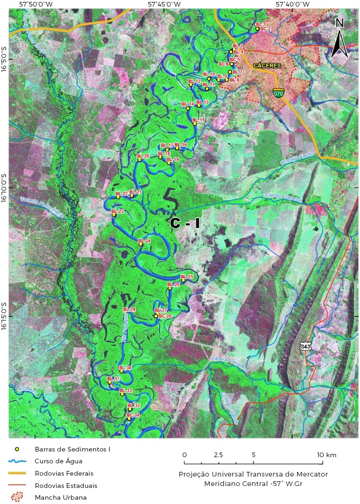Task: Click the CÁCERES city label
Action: coord(267,66)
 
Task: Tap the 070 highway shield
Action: coord(279,93)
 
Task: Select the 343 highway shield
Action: coord(306,347)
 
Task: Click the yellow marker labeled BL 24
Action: coord(140,244)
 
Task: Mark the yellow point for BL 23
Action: coord(114,215)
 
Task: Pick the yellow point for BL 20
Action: coord(140,160)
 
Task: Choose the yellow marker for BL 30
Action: coord(121,371)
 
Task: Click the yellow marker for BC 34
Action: coord(129,419)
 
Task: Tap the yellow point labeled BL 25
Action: coord(184,280)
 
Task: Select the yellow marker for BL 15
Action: coord(194,124)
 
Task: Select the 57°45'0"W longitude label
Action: coord(164,4)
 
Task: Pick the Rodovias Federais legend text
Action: coord(64,473)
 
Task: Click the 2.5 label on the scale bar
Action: coord(218,455)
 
